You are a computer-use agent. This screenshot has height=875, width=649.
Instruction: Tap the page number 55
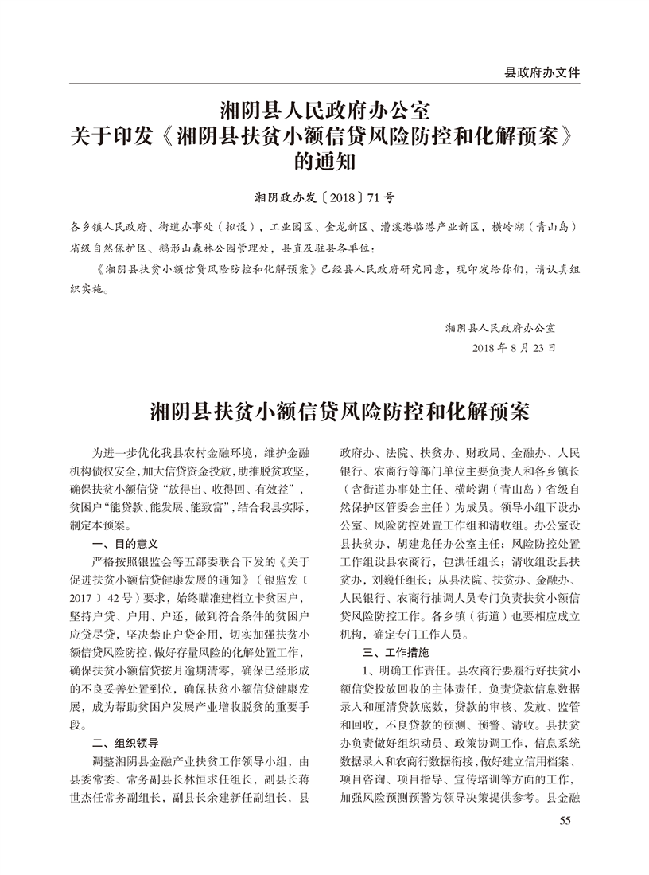565,821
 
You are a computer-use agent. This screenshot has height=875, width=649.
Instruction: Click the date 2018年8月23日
513,348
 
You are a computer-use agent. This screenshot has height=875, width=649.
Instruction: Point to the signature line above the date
500,327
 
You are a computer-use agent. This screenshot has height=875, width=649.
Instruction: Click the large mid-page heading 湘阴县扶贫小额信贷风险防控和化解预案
324,414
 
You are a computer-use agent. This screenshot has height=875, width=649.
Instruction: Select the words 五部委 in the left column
175,561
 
